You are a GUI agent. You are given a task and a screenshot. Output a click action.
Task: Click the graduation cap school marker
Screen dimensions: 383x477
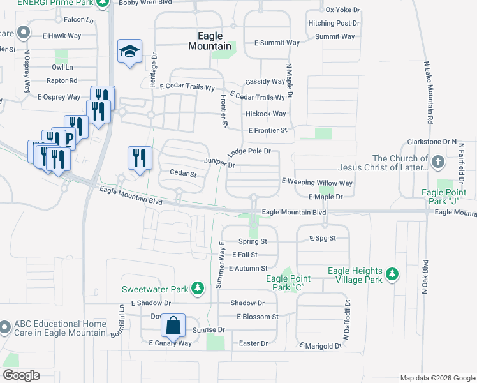129,52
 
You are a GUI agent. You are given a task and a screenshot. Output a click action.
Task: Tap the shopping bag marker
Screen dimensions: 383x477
173,326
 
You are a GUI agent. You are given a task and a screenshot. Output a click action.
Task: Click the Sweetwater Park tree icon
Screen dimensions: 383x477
198,289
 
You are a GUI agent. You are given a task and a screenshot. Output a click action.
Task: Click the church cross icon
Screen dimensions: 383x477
437,162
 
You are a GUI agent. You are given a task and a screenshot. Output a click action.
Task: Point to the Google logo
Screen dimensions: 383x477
21,375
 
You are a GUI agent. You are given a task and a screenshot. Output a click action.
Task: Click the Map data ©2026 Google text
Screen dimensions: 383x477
437,377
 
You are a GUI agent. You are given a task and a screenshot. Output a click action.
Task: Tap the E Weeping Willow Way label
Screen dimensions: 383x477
317,181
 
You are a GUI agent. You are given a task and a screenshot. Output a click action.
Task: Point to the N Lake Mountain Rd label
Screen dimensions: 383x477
428,93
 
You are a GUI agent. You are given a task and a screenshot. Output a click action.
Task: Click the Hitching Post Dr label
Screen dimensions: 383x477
334,23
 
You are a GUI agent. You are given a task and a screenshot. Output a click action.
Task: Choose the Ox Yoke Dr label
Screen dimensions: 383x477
342,10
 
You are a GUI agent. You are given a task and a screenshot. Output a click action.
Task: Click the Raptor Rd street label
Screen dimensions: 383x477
62,80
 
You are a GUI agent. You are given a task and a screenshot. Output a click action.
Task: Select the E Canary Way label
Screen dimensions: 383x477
170,343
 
